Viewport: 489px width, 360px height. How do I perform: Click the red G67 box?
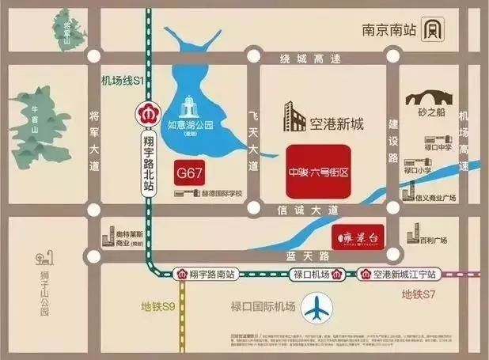point(190,172)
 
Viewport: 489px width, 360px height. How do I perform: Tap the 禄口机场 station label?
point(310,275)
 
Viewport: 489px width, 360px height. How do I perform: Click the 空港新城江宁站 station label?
point(400,275)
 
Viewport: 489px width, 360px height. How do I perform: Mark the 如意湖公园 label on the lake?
point(191,125)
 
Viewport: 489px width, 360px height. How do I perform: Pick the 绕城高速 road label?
point(315,58)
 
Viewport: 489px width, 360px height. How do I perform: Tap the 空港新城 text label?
point(335,123)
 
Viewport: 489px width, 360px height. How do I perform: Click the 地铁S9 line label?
point(158,306)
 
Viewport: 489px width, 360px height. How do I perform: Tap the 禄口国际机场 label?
point(263,306)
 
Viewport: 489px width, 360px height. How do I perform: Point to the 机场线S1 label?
point(120,80)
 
